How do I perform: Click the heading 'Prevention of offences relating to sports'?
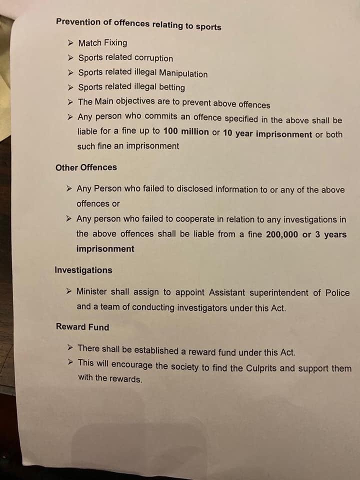pos(138,23)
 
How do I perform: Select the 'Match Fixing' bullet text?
pos(102,43)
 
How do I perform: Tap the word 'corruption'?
pos(152,58)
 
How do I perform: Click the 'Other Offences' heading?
pos(86,167)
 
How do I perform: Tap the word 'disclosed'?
pos(182,189)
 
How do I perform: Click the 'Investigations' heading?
pos(83,270)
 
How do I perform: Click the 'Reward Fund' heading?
pos(82,327)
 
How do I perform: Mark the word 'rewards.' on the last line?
pos(126,378)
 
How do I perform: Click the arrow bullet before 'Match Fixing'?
pos(71,42)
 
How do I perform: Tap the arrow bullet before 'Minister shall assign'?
pos(70,291)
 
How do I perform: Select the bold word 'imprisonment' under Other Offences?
pos(105,249)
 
